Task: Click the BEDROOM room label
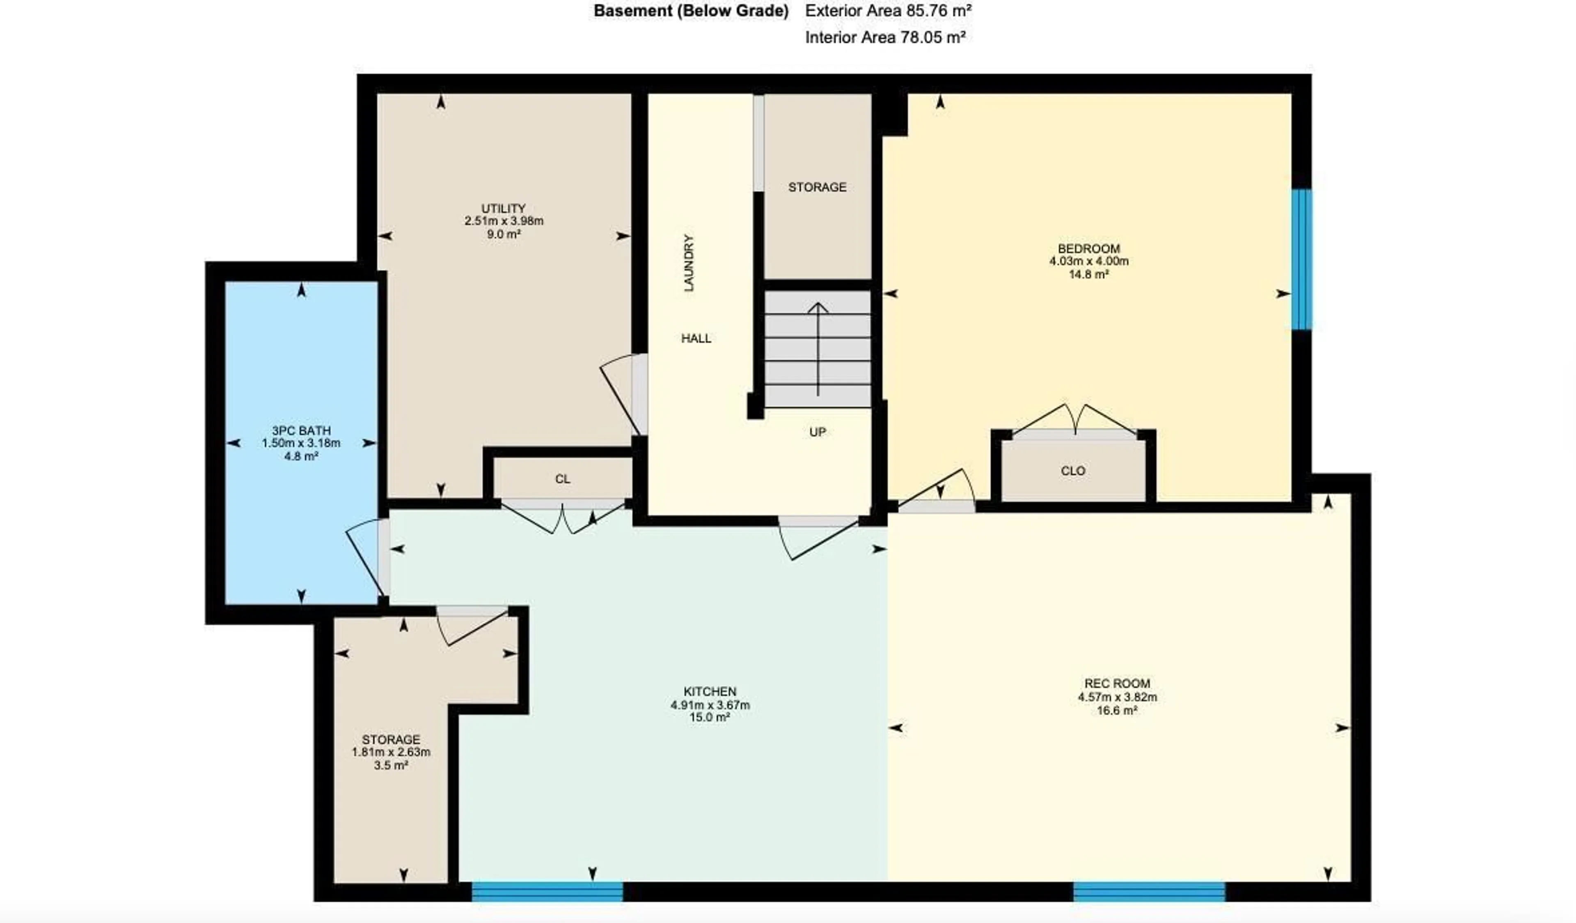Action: tap(1089, 249)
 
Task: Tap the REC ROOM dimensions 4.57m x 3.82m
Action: tap(1117, 697)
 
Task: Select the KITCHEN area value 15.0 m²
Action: tap(710, 718)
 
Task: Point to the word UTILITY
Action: tap(504, 208)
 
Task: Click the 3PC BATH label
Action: tap(301, 430)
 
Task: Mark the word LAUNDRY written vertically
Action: tap(689, 263)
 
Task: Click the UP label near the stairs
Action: tap(818, 432)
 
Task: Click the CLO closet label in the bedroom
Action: tap(1073, 471)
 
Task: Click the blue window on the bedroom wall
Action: tap(1301, 259)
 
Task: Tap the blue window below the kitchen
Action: tap(547, 891)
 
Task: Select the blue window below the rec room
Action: tap(1149, 891)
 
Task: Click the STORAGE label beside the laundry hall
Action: tap(817, 187)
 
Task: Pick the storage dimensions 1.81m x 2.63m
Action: tap(391, 752)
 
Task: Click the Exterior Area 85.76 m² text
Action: tap(888, 11)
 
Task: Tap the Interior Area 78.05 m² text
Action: tap(885, 37)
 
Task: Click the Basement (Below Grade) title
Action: tap(691, 11)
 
